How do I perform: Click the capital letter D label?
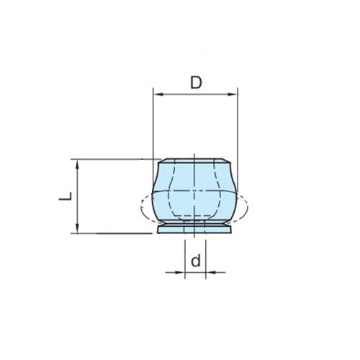[196, 82]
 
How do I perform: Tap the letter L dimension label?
[66, 197]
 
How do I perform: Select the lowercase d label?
[196, 261]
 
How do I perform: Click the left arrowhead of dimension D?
[158, 94]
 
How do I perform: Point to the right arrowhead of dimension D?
[232, 94]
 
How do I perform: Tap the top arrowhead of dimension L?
[77, 165]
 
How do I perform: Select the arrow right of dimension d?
[215, 272]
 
